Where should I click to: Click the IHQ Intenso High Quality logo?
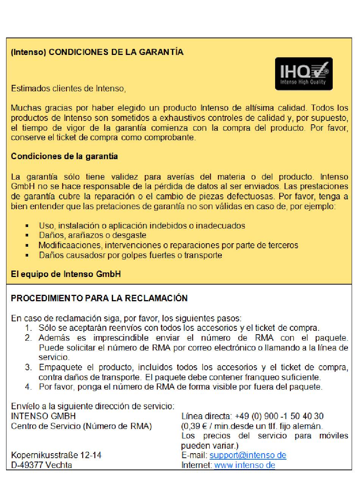[x=304, y=74]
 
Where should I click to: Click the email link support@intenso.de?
[x=247, y=455]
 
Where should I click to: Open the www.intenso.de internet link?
[x=244, y=465]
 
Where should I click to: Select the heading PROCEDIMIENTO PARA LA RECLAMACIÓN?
[x=99, y=298]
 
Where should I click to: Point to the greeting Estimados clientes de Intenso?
[x=68, y=89]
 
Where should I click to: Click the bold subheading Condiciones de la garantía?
[x=64, y=156]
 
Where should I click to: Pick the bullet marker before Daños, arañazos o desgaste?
[x=27, y=235]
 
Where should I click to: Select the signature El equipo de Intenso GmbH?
[x=66, y=274]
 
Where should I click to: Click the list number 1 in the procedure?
[x=28, y=328]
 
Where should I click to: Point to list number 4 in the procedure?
[x=28, y=387]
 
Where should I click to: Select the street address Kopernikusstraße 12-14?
[x=56, y=455]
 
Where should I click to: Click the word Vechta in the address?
[x=58, y=465]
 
